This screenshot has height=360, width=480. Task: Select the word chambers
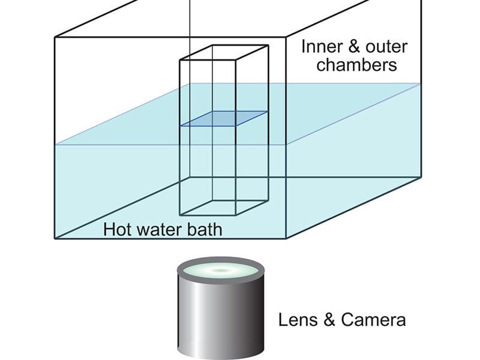tap(356, 65)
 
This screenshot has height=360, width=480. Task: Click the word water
tap(159, 230)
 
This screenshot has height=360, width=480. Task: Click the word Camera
tap(373, 320)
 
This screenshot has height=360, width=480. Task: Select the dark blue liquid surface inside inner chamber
tap(224, 118)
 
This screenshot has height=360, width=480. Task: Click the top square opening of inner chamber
tap(224, 52)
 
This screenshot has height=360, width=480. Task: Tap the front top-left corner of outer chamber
tap(55, 37)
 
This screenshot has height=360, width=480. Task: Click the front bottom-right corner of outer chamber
tap(286, 238)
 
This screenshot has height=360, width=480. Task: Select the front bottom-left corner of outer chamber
tap(55, 238)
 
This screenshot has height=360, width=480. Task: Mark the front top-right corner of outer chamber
tap(286, 37)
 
